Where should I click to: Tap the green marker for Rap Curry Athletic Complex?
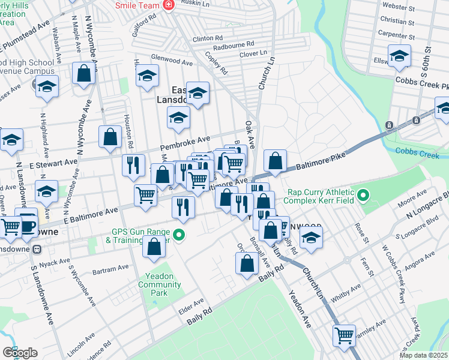(363, 196)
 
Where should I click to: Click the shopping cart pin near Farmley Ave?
(344, 334)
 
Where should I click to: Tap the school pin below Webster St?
(399, 56)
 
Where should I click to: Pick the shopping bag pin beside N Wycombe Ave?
(84, 73)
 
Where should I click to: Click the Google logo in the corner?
(20, 353)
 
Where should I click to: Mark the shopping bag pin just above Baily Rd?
(247, 262)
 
